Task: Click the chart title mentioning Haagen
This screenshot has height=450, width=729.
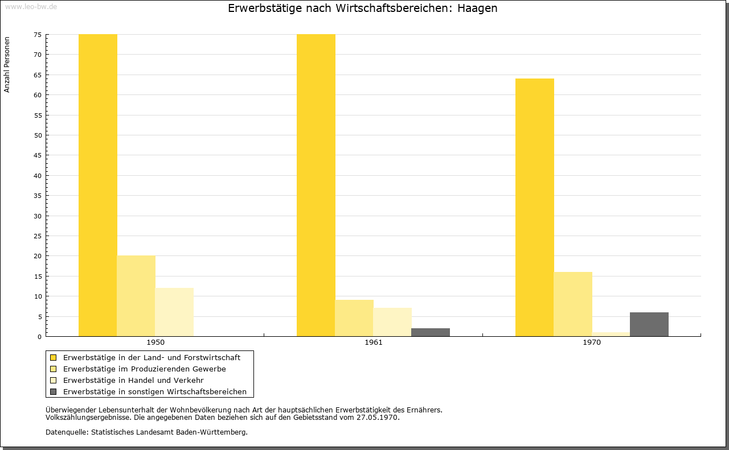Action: (363, 8)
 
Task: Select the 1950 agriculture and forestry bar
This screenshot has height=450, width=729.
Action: (97, 185)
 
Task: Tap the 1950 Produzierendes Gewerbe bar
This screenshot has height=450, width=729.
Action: (136, 296)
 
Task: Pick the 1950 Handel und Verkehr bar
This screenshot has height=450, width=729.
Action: (174, 312)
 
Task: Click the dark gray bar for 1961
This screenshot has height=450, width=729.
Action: (431, 332)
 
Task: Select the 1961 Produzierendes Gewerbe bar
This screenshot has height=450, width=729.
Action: (354, 318)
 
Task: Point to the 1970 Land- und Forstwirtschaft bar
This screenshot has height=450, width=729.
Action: (534, 208)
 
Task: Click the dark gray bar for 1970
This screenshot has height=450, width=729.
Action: (649, 324)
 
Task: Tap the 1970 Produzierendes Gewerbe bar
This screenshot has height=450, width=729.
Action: (573, 304)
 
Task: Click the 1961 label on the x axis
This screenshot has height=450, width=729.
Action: (374, 342)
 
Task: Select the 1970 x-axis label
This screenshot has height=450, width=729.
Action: (592, 342)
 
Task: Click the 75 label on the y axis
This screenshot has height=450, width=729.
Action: (38, 35)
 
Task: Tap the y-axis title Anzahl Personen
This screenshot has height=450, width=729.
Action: (7, 65)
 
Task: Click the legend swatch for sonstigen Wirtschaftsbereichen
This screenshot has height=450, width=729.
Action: (53, 391)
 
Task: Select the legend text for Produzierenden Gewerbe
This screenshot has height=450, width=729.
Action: (145, 369)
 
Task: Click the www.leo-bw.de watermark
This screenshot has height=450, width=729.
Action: (31, 6)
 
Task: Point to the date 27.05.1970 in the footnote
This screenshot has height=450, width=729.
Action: (377, 417)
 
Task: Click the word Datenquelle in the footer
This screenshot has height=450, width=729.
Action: (67, 432)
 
